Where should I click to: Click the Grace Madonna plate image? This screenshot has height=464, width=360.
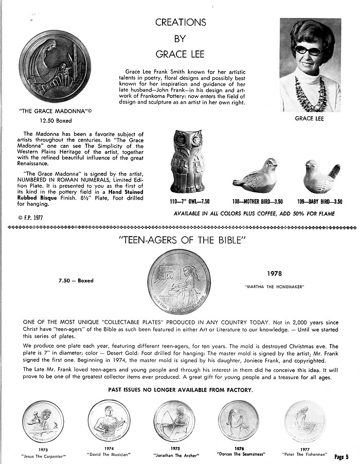point(55,66)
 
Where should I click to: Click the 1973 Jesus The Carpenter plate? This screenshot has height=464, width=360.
point(43,421)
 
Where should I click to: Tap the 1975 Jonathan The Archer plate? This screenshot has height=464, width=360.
point(174,421)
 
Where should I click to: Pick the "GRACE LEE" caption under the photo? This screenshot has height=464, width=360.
point(309,118)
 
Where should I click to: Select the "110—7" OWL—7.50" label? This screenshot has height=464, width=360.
point(189,202)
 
